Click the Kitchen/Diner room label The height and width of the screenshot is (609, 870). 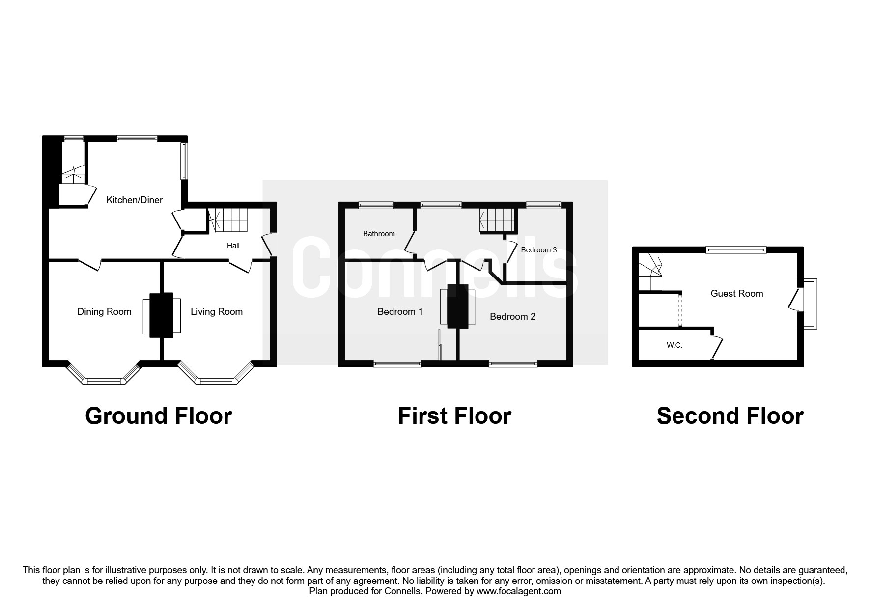pyautogui.click(x=135, y=200)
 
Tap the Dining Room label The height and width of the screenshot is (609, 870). pyautogui.click(x=104, y=312)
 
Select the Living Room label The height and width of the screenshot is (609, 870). pyautogui.click(x=217, y=312)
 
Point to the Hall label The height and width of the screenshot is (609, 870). pyautogui.click(x=233, y=246)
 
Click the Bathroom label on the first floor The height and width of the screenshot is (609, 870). pyautogui.click(x=379, y=234)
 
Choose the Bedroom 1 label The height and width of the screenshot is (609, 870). pyautogui.click(x=400, y=312)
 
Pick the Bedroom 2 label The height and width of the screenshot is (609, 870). pyautogui.click(x=512, y=317)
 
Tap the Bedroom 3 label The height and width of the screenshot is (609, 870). pyautogui.click(x=539, y=250)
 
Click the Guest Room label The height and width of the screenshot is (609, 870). pyautogui.click(x=737, y=294)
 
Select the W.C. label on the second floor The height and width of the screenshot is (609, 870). pyautogui.click(x=674, y=345)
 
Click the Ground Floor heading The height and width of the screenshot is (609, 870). pyautogui.click(x=158, y=416)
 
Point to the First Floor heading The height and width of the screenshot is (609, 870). pyautogui.click(x=454, y=416)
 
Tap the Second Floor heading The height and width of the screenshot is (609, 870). pyautogui.click(x=730, y=416)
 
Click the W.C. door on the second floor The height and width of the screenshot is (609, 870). pyautogui.click(x=717, y=347)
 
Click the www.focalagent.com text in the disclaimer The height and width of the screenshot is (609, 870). pyautogui.click(x=519, y=591)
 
